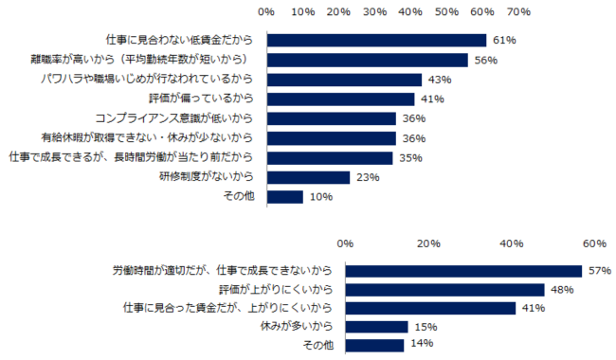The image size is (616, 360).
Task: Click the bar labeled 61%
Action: [376, 41]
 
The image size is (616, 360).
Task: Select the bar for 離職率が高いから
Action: [368, 61]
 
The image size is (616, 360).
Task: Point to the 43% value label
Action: [439, 80]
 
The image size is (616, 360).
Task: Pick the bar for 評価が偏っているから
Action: [340, 99]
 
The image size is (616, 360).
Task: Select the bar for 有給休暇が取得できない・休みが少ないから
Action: [332, 138]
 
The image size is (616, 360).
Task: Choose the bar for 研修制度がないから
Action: [308, 177]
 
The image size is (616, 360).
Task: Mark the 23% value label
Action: [365, 177]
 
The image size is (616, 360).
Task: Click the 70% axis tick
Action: [517, 13]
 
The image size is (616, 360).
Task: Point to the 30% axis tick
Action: [374, 13]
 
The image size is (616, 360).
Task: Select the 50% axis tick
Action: [446, 13]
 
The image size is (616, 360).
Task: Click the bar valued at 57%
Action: [463, 270]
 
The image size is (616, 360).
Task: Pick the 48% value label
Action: [562, 289]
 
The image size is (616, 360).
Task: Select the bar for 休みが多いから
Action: [376, 327]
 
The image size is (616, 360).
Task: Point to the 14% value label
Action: [418, 345]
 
